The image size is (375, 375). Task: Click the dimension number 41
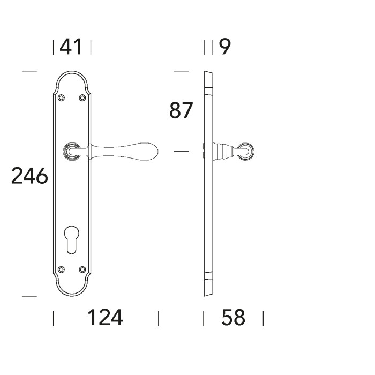point(71,47)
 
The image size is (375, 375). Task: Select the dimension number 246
point(29,176)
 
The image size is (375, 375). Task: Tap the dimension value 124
point(105,318)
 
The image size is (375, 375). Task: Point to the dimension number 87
point(181,110)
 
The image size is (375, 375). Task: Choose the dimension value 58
point(234,318)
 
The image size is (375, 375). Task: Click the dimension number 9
point(225,47)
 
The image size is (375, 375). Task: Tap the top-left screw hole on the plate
point(62,97)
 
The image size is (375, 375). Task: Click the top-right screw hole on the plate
point(82,97)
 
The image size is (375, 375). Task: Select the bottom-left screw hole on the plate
point(62,269)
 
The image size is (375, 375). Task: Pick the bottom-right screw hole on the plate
point(82,269)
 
